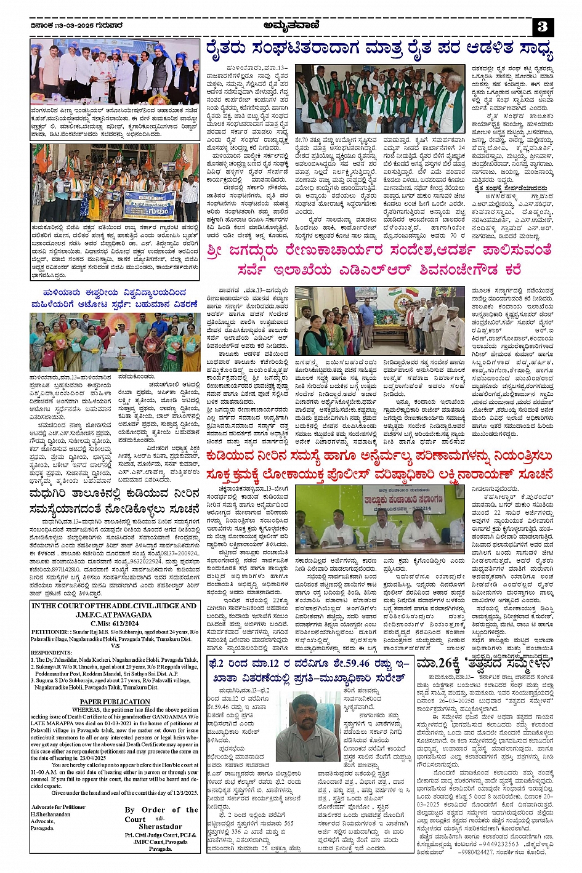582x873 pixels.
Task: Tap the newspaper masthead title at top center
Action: (x=290, y=25)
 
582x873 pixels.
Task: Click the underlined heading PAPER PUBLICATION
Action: (x=115, y=702)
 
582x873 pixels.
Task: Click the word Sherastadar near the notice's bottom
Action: (x=160, y=827)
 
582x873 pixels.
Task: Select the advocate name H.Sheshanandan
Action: (x=51, y=814)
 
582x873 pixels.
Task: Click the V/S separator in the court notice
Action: (x=115, y=646)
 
